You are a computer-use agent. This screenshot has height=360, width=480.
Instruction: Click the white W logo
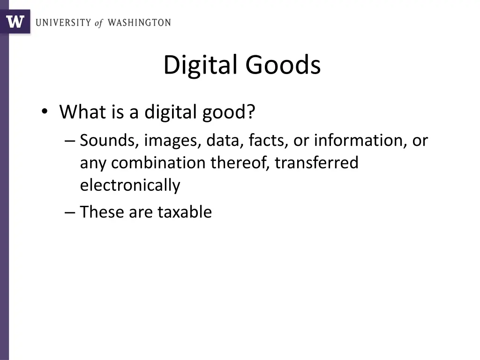[x=15, y=22]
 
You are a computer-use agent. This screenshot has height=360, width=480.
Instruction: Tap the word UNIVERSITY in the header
[x=63, y=22]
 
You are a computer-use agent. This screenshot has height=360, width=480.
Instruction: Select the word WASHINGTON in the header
[x=139, y=22]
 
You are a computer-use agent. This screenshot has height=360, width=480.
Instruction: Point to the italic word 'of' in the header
[x=98, y=23]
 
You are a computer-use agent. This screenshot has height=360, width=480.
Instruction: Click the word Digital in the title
[x=201, y=65]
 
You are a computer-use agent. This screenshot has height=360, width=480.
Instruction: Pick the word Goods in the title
[x=283, y=65]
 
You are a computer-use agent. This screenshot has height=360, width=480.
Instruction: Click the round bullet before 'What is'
[x=45, y=112]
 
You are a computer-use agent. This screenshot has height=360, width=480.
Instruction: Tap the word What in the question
[x=80, y=112]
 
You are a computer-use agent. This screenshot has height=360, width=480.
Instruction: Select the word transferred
[x=316, y=163]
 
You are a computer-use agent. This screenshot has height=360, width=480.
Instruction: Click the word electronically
[x=130, y=186]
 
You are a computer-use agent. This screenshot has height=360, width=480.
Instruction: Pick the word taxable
[x=184, y=212]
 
